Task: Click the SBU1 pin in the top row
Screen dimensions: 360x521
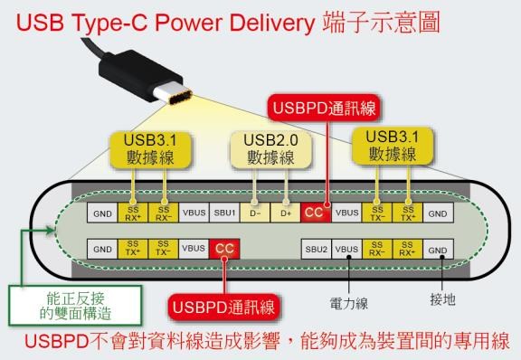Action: (x=223, y=213)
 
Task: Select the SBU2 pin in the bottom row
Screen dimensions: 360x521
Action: (x=316, y=248)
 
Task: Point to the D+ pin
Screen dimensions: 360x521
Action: (x=285, y=213)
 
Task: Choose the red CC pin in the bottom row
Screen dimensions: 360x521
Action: (x=223, y=248)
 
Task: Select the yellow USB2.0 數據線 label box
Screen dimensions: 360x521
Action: (x=270, y=149)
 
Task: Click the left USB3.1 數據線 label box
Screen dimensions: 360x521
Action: (x=147, y=149)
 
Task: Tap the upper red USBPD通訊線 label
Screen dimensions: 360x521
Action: (x=324, y=109)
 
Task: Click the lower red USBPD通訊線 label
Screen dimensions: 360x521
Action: (x=223, y=306)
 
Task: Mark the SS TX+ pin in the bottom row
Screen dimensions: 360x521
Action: (x=132, y=248)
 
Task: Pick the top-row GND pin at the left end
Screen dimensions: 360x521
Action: (x=101, y=213)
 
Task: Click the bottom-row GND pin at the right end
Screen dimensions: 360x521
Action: (x=438, y=248)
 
